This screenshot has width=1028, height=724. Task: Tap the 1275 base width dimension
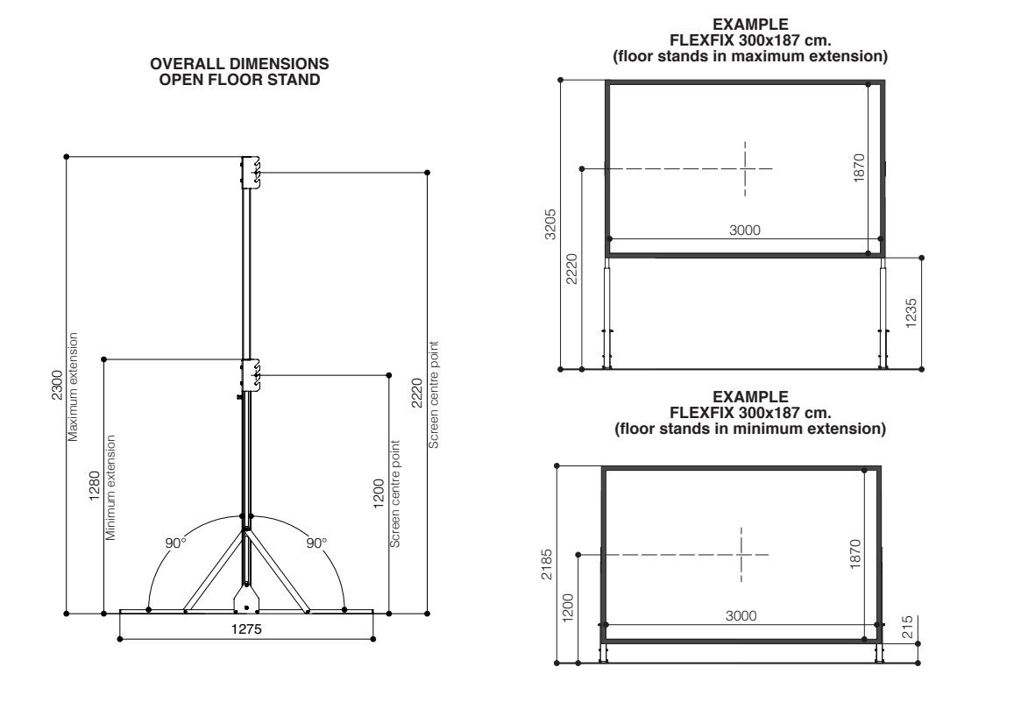point(246,629)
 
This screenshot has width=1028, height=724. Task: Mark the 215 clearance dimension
point(907,628)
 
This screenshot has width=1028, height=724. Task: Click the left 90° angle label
point(177,543)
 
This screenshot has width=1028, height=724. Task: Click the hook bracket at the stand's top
point(252,172)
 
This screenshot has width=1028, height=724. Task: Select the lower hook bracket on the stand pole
point(252,374)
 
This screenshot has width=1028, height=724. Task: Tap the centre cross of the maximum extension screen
point(745,168)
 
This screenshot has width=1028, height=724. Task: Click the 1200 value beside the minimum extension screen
point(568,606)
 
